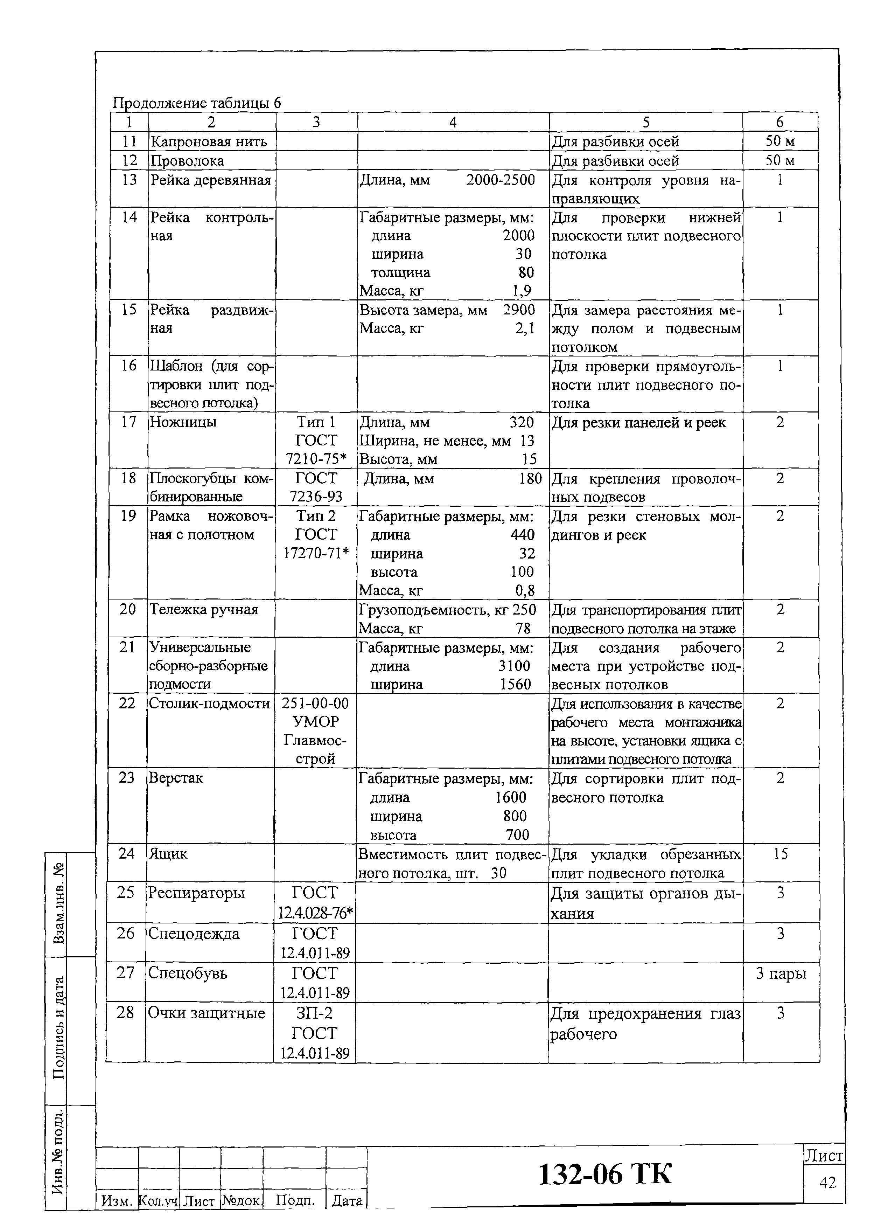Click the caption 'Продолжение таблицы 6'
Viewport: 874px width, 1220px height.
point(196,103)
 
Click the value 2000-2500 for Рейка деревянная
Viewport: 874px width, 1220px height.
point(500,180)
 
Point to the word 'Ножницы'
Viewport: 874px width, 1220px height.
point(183,422)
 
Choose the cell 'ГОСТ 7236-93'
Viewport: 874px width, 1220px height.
point(316,487)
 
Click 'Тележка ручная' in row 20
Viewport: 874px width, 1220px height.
point(203,609)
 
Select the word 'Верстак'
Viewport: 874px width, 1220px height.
point(175,778)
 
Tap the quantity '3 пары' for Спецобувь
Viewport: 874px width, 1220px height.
point(781,973)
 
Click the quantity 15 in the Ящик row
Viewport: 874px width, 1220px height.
point(781,854)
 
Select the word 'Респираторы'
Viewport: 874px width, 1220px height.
point(196,892)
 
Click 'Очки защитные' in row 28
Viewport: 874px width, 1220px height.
point(207,1013)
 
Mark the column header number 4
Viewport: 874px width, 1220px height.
point(453,122)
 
